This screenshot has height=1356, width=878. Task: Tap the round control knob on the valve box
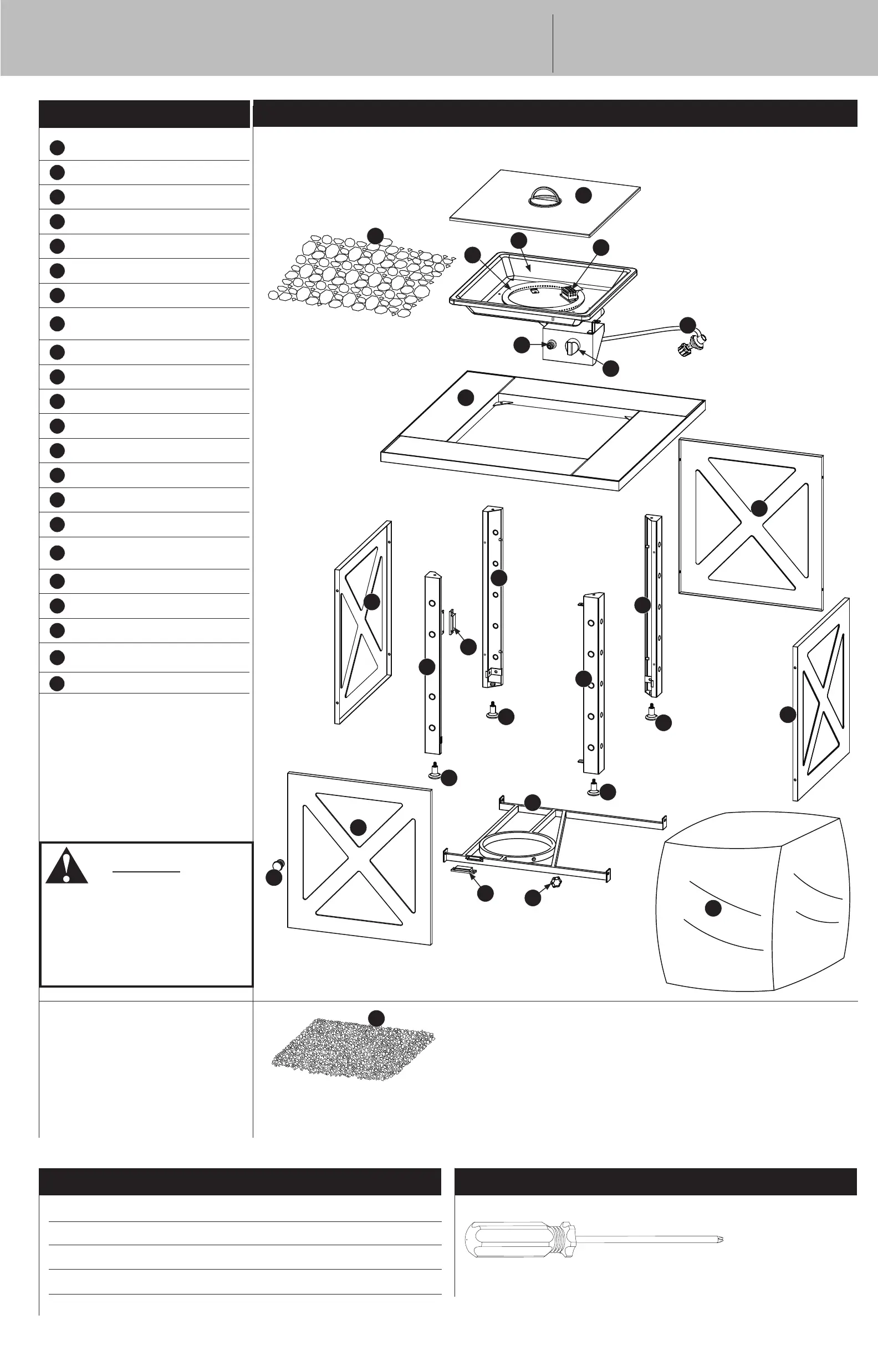pos(572,347)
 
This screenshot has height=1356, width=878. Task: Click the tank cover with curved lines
pos(753,900)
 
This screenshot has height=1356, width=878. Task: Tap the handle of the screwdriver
pos(516,1239)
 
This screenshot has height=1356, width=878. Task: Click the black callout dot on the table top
pos(466,397)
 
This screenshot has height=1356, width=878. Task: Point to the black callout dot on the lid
pos(583,195)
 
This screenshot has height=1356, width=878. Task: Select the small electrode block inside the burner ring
pos(568,293)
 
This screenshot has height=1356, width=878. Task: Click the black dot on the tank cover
pos(713,908)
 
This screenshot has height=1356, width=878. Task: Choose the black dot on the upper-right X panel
pos(759,508)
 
